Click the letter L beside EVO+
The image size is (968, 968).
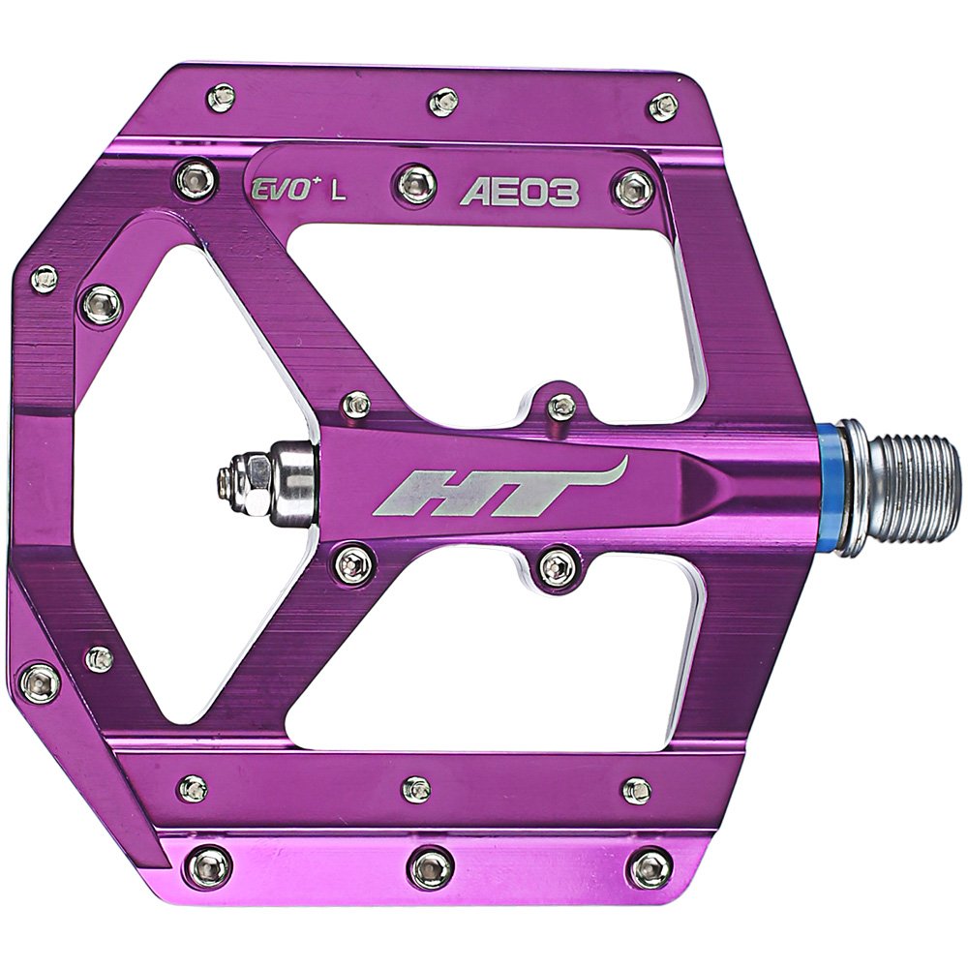click(x=338, y=191)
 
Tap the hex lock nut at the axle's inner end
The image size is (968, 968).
click(x=254, y=480)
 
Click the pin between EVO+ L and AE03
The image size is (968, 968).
click(x=416, y=183)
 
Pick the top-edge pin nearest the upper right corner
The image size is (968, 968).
click(x=664, y=106)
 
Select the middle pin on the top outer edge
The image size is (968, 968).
click(x=443, y=101)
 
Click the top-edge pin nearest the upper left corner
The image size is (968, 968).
click(x=222, y=97)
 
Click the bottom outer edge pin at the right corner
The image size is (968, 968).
click(x=650, y=868)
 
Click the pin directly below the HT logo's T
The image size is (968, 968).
click(x=559, y=567)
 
